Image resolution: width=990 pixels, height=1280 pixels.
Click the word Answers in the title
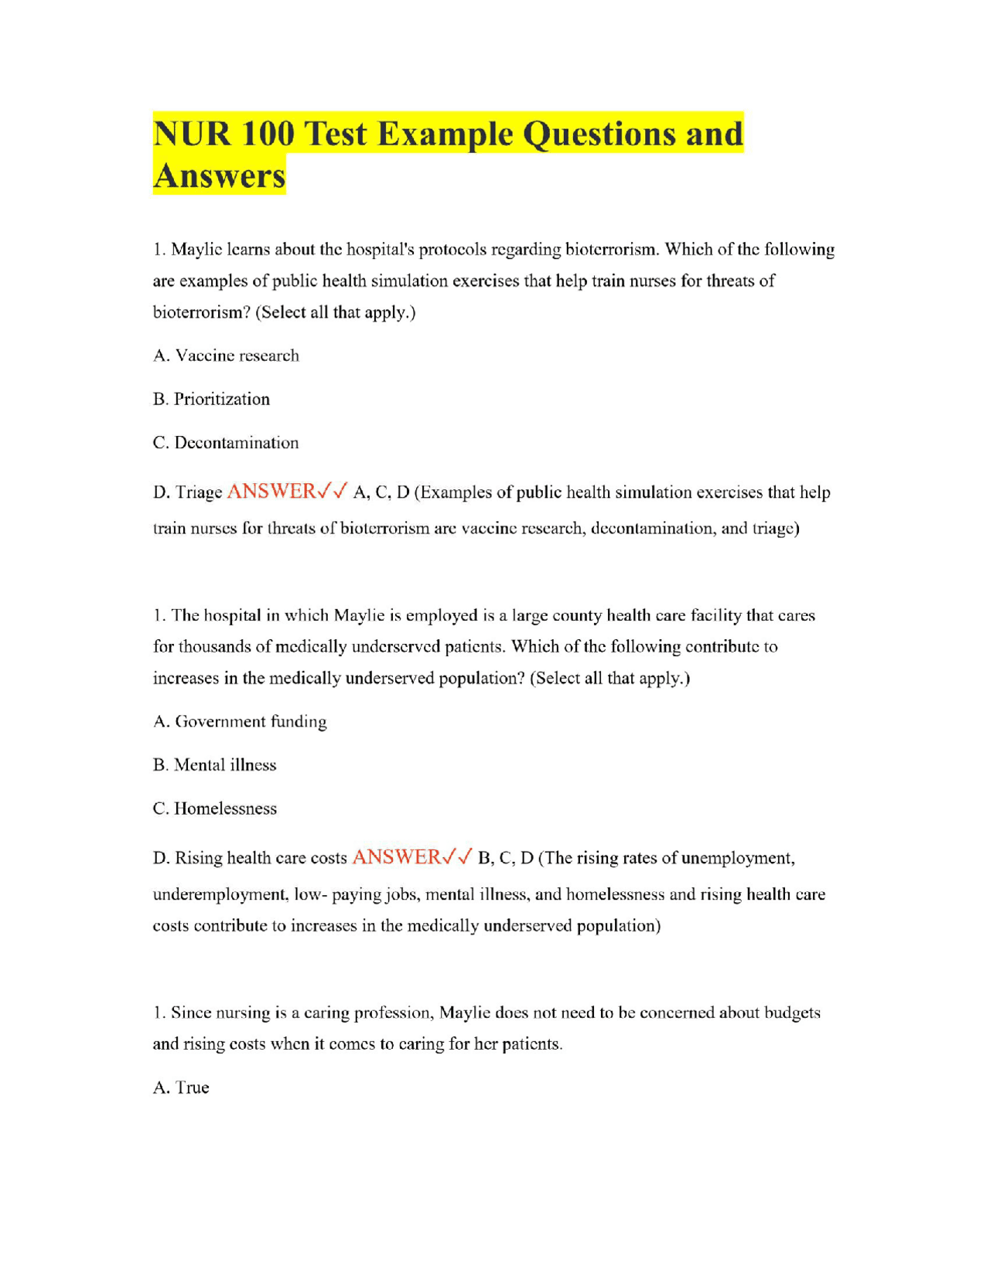click(219, 176)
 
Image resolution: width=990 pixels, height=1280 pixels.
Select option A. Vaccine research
click(226, 356)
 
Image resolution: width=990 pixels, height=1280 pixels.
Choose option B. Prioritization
click(211, 399)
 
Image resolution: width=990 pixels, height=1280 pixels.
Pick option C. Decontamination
click(226, 443)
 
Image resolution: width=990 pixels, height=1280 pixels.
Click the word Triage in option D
click(199, 492)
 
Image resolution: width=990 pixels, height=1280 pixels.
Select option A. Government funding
click(240, 721)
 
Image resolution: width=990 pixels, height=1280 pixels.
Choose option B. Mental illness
click(214, 764)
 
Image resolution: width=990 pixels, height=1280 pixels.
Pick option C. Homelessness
click(214, 809)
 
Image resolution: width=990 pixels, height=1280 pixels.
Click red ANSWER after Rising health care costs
click(396, 857)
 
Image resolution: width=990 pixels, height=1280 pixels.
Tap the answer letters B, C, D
click(506, 858)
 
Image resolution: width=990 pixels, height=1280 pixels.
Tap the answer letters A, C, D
click(381, 492)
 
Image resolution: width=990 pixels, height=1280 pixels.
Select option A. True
click(181, 1088)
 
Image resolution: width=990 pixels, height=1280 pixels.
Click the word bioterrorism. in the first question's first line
click(612, 250)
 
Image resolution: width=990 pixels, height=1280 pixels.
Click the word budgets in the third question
click(792, 1013)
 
